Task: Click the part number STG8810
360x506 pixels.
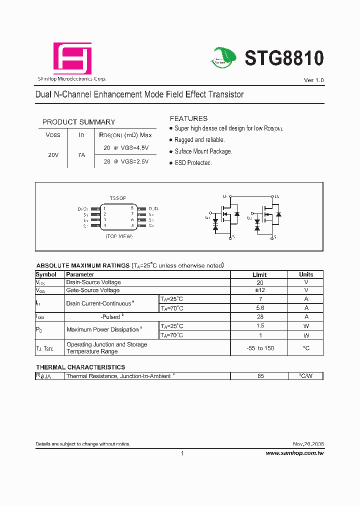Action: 284,58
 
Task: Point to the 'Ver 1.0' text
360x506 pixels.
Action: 313,80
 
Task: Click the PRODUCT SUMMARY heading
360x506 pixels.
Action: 78,122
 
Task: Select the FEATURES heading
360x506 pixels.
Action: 188,118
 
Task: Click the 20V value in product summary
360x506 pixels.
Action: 53,155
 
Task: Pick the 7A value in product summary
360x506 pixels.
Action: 81,155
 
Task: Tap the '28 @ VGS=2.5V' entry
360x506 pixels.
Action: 126,161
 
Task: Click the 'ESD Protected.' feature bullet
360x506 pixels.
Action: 193,163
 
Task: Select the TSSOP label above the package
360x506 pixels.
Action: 118,198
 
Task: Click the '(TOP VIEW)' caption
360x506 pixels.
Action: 118,236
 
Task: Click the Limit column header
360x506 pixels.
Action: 259,274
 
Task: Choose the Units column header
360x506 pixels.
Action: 306,274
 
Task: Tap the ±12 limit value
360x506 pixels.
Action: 260,290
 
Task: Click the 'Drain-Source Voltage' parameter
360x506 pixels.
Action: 93,282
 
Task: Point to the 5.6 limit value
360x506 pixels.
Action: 260,308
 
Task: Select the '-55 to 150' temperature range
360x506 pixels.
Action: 260,348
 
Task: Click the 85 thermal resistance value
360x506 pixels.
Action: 260,376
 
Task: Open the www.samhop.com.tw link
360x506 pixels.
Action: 294,453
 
